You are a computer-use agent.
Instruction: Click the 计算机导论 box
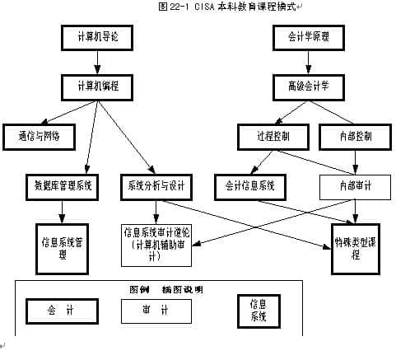pyautogui.click(x=96, y=37)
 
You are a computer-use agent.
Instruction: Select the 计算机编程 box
pyautogui.click(x=96, y=86)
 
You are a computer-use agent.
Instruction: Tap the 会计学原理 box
pyautogui.click(x=307, y=37)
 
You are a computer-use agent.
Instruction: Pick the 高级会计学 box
pyautogui.click(x=307, y=86)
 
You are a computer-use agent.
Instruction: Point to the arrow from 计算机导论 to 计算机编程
pyautogui.click(x=96, y=61)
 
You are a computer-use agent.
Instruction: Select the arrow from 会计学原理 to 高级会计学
pyautogui.click(x=307, y=61)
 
